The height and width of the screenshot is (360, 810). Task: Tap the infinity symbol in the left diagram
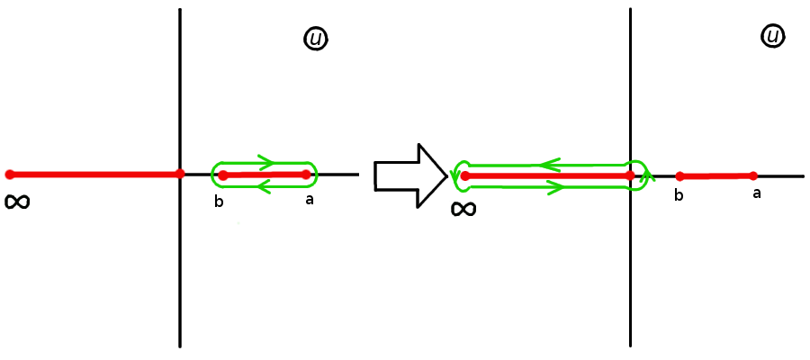[17, 202]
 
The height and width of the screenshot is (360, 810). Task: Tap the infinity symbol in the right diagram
[463, 210]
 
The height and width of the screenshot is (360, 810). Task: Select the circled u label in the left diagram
[316, 39]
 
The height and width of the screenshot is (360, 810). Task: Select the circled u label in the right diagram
[772, 36]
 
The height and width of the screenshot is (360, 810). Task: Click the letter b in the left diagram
[219, 202]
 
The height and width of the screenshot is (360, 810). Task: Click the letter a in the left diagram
[310, 199]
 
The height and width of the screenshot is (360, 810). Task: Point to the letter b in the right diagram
[679, 195]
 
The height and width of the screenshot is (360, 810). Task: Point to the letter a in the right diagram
[756, 193]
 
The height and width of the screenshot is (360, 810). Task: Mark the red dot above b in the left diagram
[223, 175]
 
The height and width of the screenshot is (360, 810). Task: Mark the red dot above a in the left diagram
[306, 174]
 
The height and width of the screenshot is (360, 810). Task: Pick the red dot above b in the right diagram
[680, 176]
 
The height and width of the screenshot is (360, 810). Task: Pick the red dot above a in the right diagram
[753, 175]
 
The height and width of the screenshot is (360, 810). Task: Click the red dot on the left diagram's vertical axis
[180, 174]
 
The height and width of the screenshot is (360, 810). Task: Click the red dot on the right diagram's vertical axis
[630, 175]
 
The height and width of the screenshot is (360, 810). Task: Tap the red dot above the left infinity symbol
[10, 175]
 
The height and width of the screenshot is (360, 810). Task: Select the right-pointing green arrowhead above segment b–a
[265, 162]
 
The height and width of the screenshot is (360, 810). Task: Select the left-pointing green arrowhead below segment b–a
[264, 187]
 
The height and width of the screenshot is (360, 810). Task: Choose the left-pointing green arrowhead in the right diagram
[547, 165]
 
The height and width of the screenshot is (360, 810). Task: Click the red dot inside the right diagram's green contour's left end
[465, 175]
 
